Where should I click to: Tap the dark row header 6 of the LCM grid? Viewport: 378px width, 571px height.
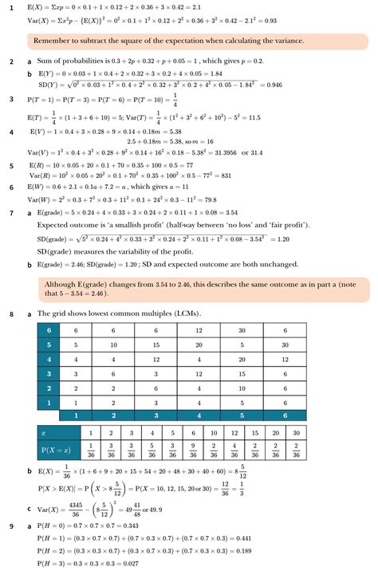point(49,329)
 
